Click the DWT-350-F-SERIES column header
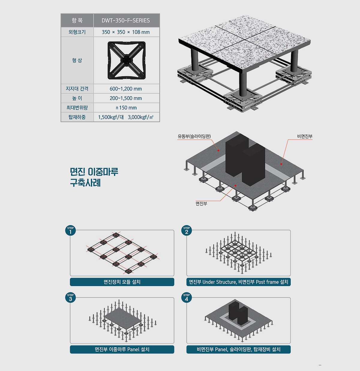(126, 20)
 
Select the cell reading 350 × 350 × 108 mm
(126, 32)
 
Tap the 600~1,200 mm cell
(126, 89)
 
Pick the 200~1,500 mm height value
(126, 98)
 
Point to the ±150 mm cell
(126, 108)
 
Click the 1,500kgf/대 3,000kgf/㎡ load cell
(126, 117)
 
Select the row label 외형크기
(77, 32)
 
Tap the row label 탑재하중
(77, 117)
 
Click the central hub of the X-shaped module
(127, 60)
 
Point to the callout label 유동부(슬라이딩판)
(194, 136)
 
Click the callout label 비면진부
(304, 136)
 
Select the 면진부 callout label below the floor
(201, 204)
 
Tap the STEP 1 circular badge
(70, 231)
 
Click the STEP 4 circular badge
(187, 297)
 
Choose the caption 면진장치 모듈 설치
(122, 282)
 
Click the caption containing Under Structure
(238, 282)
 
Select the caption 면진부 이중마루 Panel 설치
(122, 349)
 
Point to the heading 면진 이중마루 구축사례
(94, 177)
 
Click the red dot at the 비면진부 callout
(281, 164)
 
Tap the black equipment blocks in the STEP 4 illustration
(238, 313)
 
